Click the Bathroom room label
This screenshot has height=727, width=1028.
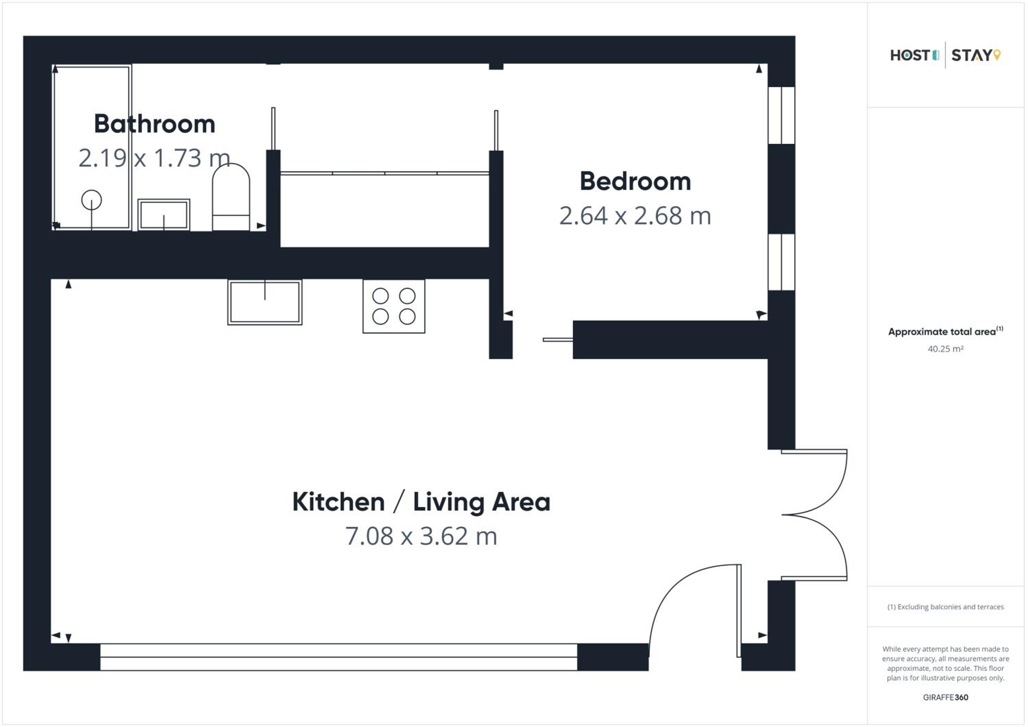coord(155,124)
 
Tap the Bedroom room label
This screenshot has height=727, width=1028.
coord(635,181)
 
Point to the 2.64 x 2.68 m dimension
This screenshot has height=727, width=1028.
coord(635,216)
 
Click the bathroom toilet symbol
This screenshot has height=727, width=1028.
coord(231,197)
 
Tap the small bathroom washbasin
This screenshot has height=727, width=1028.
coord(164,215)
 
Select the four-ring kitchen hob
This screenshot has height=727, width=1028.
coord(394,306)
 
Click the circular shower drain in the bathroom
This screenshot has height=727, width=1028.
coord(91,200)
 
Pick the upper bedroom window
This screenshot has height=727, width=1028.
coord(781,115)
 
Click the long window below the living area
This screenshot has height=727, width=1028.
coord(339,657)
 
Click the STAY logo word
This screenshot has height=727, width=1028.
coord(971,56)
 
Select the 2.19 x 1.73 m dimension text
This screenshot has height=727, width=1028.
coord(155,158)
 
